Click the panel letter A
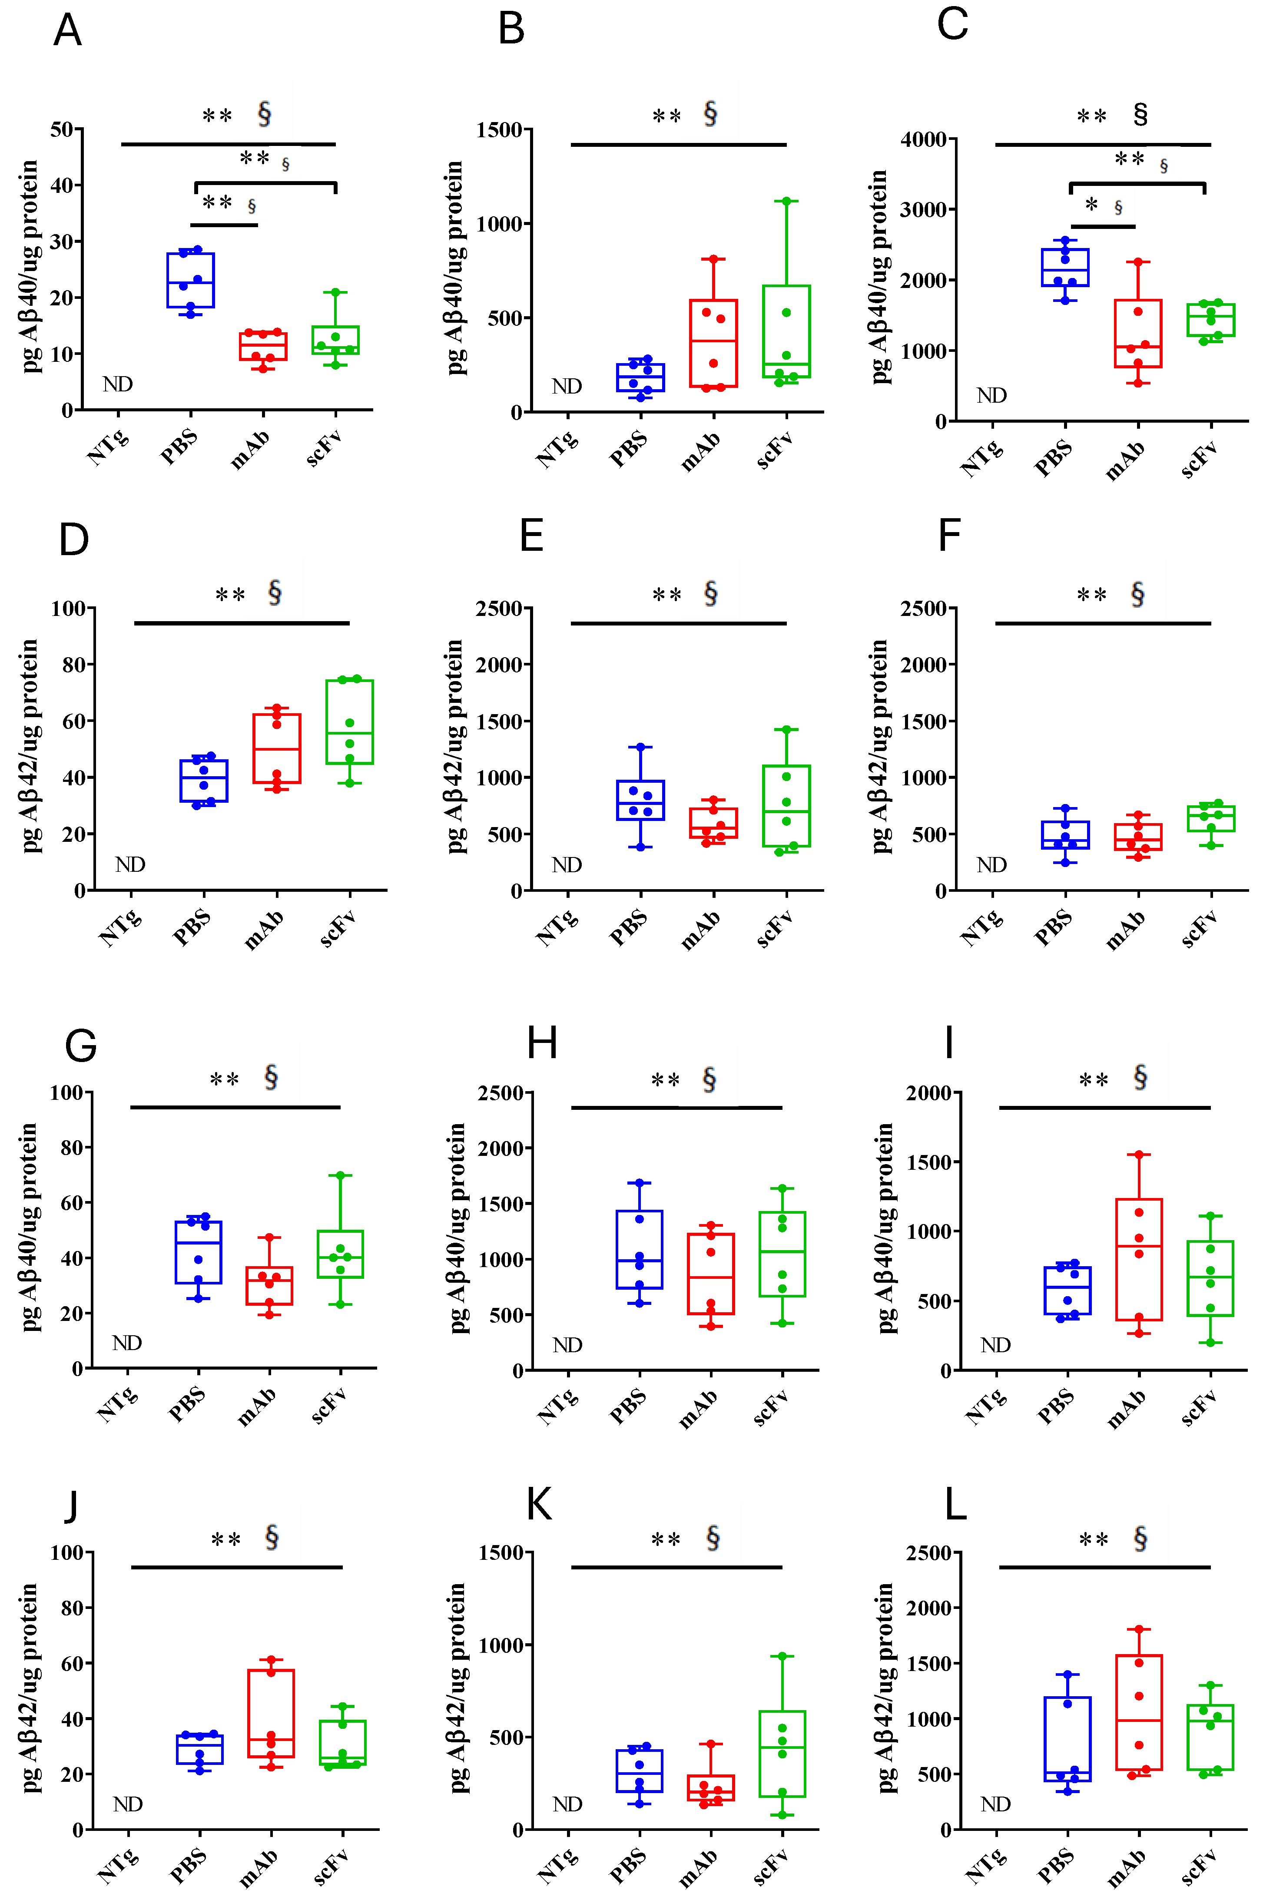pos(67,31)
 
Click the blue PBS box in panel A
pos(191,280)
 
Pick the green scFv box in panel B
pos(786,331)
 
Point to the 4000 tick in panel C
pos(923,139)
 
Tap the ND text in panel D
pos(130,864)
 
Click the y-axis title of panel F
pos(879,747)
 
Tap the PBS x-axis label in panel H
pos(628,1407)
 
